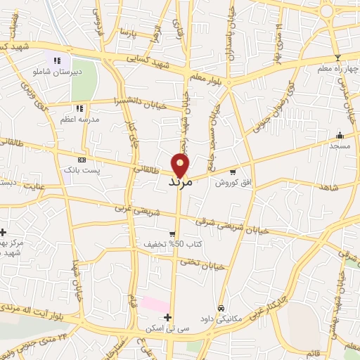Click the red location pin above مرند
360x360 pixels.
[x=181, y=165]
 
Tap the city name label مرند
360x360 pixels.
[x=181, y=181]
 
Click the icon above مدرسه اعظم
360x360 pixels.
[x=79, y=108]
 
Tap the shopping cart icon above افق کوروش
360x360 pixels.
[x=233, y=172]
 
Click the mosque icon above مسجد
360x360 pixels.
[x=340, y=135]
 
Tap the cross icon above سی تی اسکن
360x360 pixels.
[x=167, y=318]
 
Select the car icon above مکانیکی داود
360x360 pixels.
[x=221, y=308]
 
